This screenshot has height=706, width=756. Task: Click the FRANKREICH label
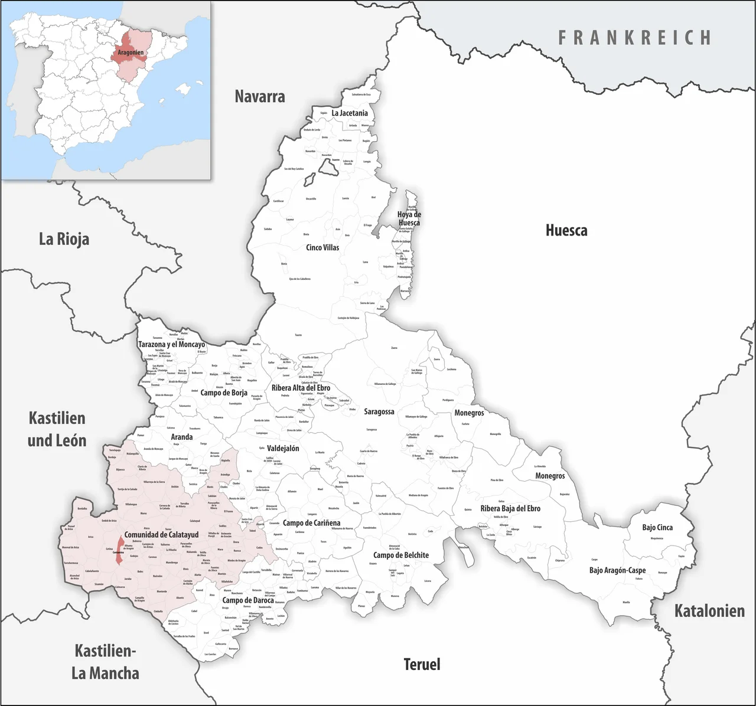click(x=635, y=38)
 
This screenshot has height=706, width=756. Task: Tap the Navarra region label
click(x=260, y=96)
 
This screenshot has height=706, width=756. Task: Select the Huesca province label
click(x=566, y=230)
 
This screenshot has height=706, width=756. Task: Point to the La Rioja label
click(x=64, y=239)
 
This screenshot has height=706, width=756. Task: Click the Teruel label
click(x=422, y=664)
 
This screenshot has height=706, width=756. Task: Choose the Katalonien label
click(x=709, y=611)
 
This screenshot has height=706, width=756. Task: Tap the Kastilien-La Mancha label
click(x=105, y=662)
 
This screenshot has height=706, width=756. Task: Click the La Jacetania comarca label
click(x=350, y=113)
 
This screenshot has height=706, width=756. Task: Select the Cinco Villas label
click(x=322, y=247)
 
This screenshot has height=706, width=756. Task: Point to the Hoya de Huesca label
click(x=409, y=218)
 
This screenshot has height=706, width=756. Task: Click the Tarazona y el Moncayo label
click(x=171, y=344)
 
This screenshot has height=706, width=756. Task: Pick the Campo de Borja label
click(x=224, y=393)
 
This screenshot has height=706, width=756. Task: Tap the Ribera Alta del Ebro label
click(x=301, y=388)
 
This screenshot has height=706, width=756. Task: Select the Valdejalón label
click(x=283, y=448)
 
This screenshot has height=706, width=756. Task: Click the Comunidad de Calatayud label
click(x=161, y=534)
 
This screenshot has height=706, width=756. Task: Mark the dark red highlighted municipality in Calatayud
click(x=120, y=551)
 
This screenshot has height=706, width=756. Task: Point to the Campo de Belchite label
click(x=401, y=555)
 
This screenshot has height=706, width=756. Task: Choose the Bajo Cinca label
click(x=657, y=527)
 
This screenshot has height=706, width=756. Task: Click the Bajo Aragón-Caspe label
click(x=617, y=570)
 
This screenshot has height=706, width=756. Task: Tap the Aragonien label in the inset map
click(x=131, y=53)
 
